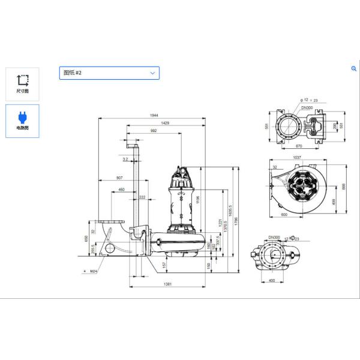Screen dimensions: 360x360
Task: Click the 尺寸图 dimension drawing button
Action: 22,83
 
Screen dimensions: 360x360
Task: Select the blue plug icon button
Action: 22,120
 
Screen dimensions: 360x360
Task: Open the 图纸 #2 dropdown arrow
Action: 152,73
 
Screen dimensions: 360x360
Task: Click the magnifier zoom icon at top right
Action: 354,69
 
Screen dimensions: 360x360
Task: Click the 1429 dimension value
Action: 164,122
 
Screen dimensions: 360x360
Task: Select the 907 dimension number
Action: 119,178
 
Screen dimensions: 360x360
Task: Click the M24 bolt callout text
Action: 94,271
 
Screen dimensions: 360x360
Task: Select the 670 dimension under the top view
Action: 298,146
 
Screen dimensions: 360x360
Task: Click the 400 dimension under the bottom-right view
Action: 271,280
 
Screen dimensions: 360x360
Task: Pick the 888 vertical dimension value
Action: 344,187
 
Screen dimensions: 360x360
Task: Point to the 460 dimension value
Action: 122,190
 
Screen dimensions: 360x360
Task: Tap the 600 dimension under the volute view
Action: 284,214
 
